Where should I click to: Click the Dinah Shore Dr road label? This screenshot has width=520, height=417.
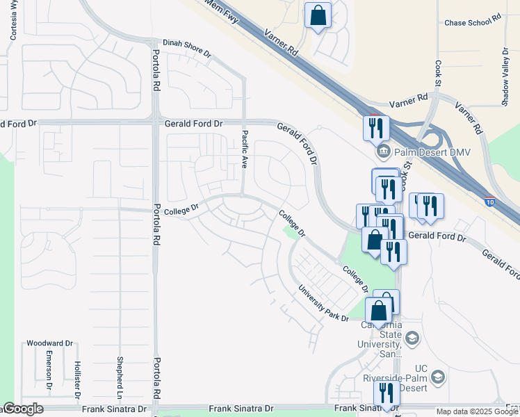click(x=186, y=42)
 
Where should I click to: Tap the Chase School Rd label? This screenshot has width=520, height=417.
click(x=473, y=23)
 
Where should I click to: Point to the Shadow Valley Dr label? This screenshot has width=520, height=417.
click(x=505, y=77)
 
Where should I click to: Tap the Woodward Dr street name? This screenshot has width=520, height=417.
click(x=49, y=343)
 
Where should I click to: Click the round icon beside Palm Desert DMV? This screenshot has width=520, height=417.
click(x=382, y=152)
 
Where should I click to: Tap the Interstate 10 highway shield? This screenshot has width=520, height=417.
click(x=489, y=202)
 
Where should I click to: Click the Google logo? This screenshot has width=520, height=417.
click(x=23, y=409)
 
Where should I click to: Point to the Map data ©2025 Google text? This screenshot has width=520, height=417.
click(x=477, y=412)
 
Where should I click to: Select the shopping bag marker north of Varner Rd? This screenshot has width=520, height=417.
click(x=318, y=15)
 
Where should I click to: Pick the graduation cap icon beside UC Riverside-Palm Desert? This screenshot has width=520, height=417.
click(x=438, y=377)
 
